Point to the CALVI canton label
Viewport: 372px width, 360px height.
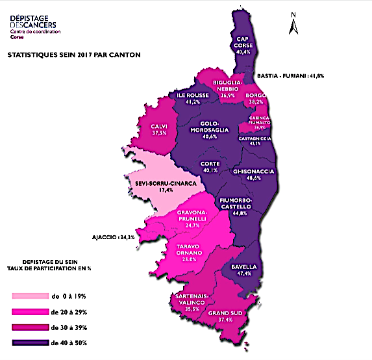click(160, 127)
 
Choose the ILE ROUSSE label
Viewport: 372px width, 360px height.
click(193, 94)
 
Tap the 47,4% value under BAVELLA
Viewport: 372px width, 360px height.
click(244, 274)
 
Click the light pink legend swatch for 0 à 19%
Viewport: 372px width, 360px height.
click(31, 296)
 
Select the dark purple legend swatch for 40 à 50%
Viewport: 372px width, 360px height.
click(31, 342)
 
